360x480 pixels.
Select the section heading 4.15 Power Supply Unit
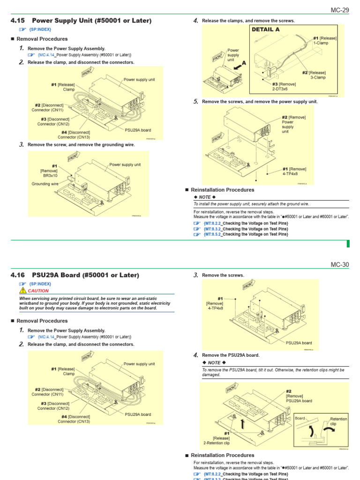[x=81, y=21]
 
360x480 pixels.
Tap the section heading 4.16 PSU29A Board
[x=75, y=275]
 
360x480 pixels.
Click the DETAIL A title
[x=266, y=29]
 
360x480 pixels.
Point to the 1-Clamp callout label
[x=321, y=43]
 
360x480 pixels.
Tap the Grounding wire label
[x=45, y=184]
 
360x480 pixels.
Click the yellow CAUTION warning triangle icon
[x=22, y=291]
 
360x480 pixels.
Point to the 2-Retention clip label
[x=216, y=442]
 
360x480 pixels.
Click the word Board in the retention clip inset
[x=300, y=418]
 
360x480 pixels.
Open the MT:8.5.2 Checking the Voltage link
[x=246, y=234]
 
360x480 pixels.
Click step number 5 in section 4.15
[x=196, y=101]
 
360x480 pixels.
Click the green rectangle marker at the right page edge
[x=348, y=243]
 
